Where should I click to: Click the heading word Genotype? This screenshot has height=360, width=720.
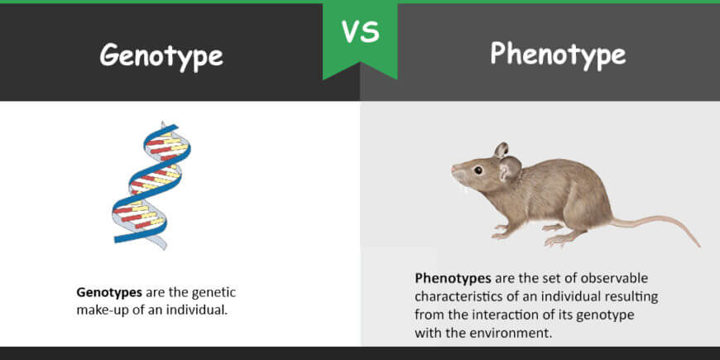tap(161, 56)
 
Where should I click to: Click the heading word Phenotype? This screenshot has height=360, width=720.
tap(558, 55)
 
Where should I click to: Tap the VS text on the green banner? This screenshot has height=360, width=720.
tap(361, 31)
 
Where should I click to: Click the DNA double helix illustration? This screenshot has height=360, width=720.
tap(151, 185)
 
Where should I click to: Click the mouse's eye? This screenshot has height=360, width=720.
tap(478, 170)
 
